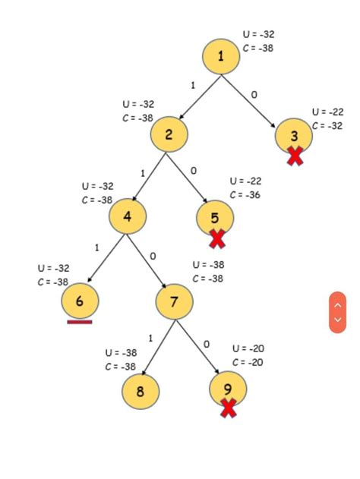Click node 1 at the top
point(221,56)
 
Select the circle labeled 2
point(169,135)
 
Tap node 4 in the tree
point(127,216)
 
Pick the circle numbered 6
point(80,301)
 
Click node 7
point(174,302)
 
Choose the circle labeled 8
point(141,392)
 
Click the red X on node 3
point(295,156)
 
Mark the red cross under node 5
point(217,239)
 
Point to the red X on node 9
point(228,408)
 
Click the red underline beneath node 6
point(80,322)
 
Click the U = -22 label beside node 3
point(327,112)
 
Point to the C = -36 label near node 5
point(245,195)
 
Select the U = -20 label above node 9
point(248,348)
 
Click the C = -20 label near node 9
point(248,362)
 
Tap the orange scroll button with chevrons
point(337,312)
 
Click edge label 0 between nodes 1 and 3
point(254,95)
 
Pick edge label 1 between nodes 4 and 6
point(97,247)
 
